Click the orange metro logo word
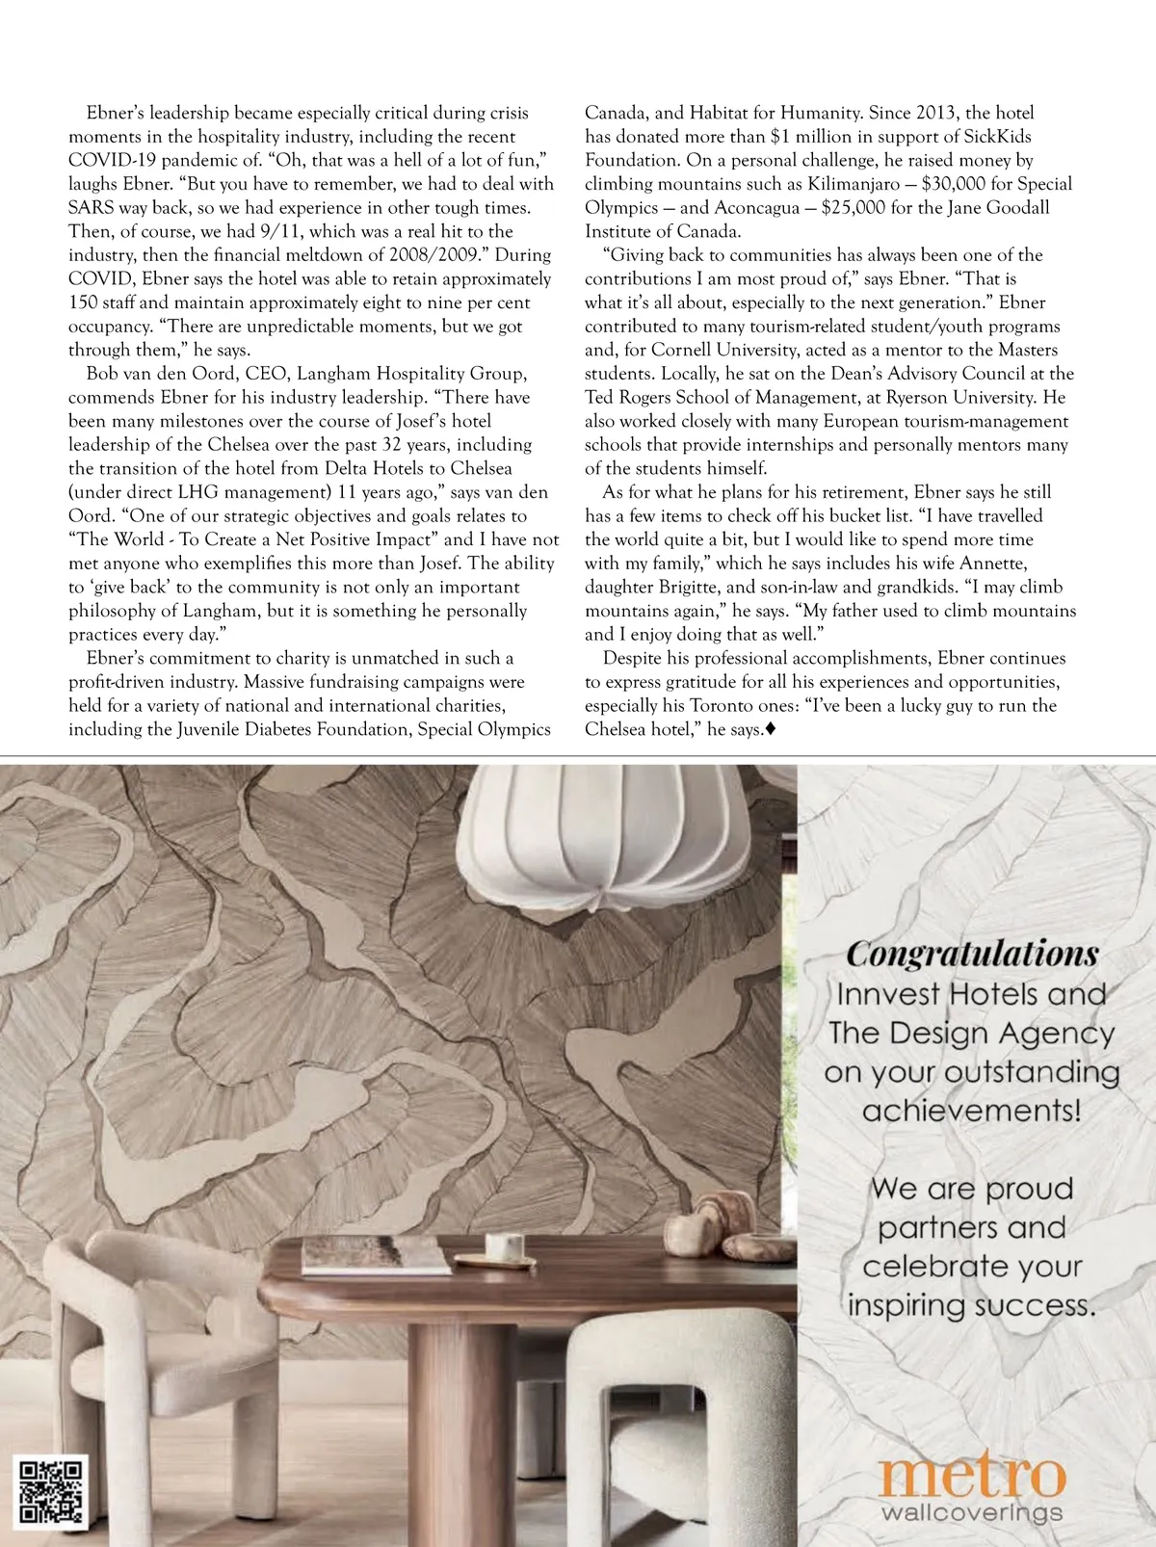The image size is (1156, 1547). click(x=973, y=1476)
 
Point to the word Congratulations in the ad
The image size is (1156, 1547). click(x=972, y=955)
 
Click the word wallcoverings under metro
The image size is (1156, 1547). click(x=972, y=1512)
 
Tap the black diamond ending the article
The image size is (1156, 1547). click(x=770, y=730)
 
